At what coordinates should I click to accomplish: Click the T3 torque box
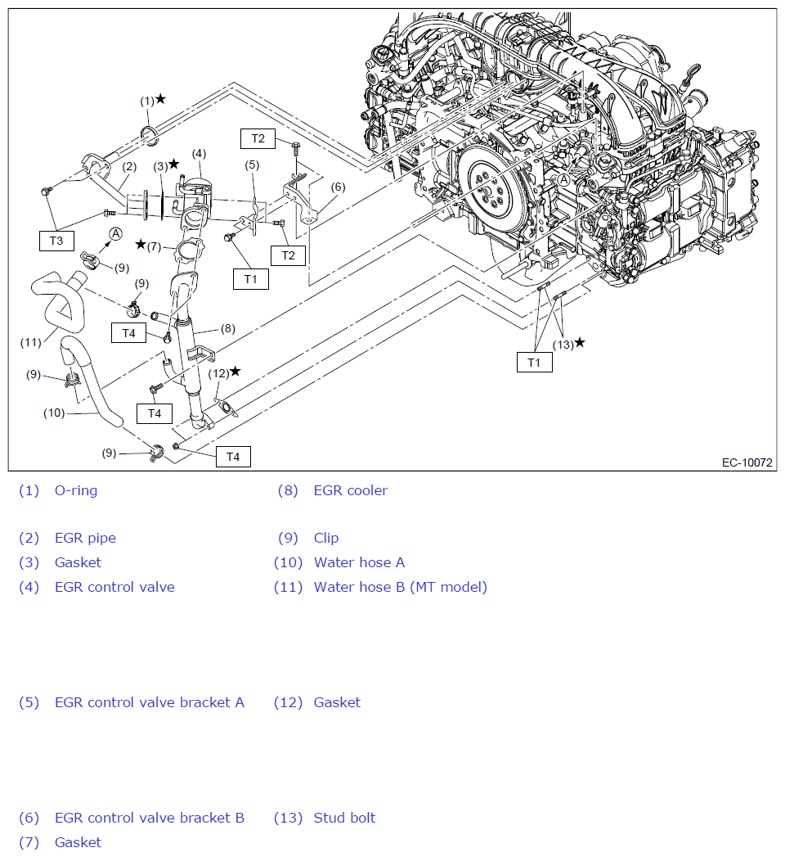(x=56, y=241)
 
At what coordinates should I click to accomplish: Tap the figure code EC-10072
(x=747, y=462)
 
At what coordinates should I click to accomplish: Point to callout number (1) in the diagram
(x=147, y=101)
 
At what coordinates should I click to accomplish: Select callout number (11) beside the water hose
(x=30, y=342)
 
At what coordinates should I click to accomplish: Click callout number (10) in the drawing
(x=54, y=413)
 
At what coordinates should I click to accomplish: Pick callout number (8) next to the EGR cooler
(x=227, y=329)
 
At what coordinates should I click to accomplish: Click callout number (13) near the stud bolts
(x=563, y=344)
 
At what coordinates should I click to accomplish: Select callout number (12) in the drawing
(x=218, y=373)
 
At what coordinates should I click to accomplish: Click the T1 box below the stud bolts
(x=534, y=362)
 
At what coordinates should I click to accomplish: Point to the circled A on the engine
(x=563, y=179)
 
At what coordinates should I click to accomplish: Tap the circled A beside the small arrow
(x=116, y=234)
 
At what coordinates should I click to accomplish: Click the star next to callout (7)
(x=141, y=244)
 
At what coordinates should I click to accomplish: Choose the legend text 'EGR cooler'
(x=350, y=491)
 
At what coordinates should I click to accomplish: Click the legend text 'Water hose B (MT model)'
(x=400, y=587)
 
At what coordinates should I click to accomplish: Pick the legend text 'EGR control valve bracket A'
(x=149, y=702)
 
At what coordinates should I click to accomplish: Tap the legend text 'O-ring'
(x=76, y=491)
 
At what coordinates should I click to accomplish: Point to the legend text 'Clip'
(x=325, y=538)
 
